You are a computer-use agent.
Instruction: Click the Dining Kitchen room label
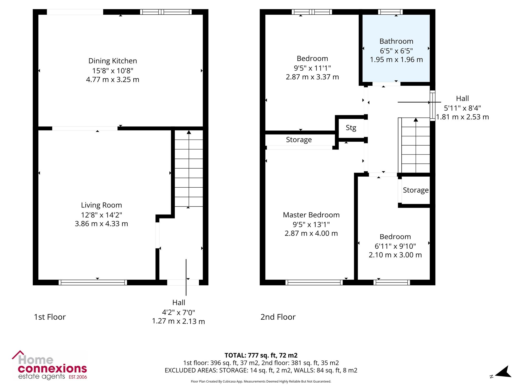pyautogui.click(x=112, y=61)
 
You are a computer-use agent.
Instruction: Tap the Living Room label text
pyautogui.click(x=101, y=205)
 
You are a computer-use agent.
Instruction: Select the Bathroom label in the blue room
pyautogui.click(x=396, y=41)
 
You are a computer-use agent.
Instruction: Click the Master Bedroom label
pyautogui.click(x=311, y=215)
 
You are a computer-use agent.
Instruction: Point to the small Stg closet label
pyautogui.click(x=351, y=128)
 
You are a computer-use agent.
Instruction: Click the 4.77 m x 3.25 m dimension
pyautogui.click(x=112, y=79)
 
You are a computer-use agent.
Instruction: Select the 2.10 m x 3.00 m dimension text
pyautogui.click(x=395, y=255)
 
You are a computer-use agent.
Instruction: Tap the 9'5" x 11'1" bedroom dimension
pyautogui.click(x=312, y=68)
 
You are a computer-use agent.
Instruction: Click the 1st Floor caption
pyautogui.click(x=50, y=317)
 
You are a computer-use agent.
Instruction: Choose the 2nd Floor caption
pyautogui.click(x=278, y=317)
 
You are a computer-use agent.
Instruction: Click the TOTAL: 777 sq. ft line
pyautogui.click(x=261, y=355)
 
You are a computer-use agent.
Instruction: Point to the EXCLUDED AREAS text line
pyautogui.click(x=261, y=370)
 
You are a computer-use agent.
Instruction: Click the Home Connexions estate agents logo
pyautogui.click(x=50, y=365)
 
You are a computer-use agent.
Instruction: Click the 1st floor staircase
pyautogui.click(x=189, y=169)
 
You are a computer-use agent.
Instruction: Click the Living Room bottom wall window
pyautogui.click(x=93, y=283)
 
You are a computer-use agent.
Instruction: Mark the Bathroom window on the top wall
pyautogui.click(x=390, y=12)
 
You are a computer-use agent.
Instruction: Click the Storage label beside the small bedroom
pyautogui.click(x=416, y=190)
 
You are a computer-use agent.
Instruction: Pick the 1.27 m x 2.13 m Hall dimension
pyautogui.click(x=179, y=321)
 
